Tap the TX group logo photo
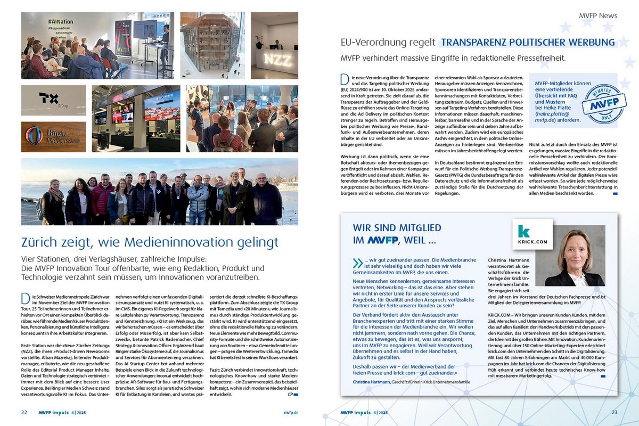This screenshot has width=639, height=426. coord(53,100)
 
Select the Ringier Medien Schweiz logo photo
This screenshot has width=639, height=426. coord(53,136)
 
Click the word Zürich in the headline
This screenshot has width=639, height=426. coord(40,242)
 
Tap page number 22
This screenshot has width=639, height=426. coord(24,412)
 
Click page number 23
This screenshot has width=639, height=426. coord(614,412)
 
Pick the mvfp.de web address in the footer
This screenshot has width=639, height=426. coord(291,412)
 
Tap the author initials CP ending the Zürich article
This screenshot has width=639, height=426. coord(290,395)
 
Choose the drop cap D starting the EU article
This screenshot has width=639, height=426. coord(344,79)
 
